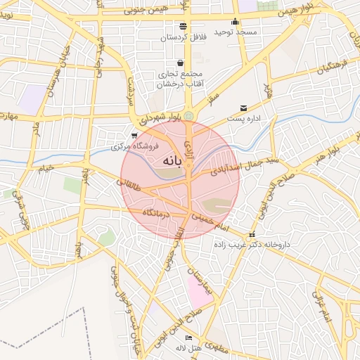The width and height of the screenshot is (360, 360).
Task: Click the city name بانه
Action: (172, 162)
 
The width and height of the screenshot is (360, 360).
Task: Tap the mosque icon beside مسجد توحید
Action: (235, 22)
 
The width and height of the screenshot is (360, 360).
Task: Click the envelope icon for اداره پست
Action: (243, 108)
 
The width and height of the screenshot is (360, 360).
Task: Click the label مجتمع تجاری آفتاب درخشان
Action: (183, 79)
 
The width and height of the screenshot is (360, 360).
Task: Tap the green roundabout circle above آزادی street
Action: (188, 115)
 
